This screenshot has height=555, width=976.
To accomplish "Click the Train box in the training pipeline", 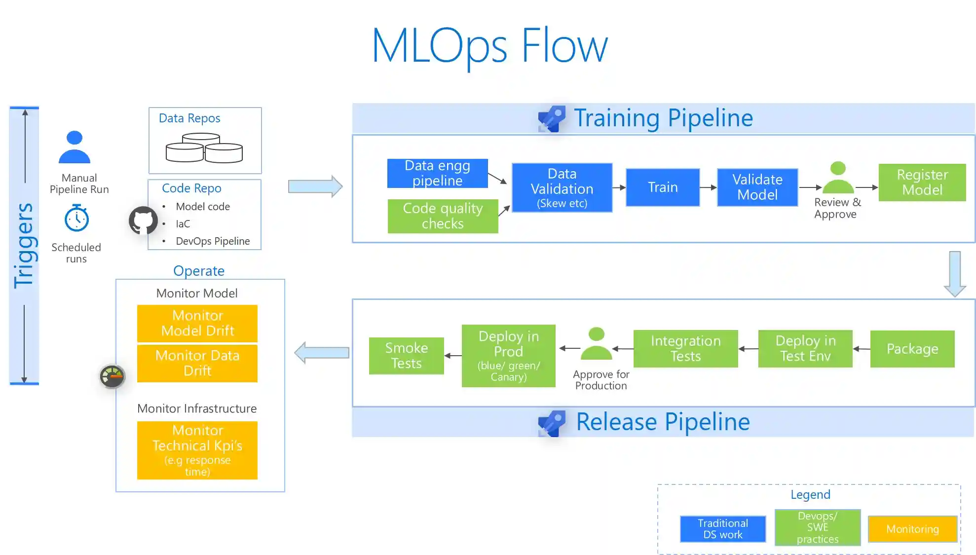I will [x=662, y=187].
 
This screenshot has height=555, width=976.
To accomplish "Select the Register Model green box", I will [x=922, y=183].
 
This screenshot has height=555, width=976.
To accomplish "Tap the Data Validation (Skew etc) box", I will [x=562, y=188].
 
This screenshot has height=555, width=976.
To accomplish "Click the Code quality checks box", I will [x=443, y=216].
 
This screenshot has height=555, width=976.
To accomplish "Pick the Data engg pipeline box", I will [x=437, y=173].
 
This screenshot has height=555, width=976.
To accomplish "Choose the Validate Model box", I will [x=757, y=187].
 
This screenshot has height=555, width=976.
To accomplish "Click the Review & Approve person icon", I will [x=837, y=179].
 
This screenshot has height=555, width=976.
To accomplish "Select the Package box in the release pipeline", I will [x=912, y=349].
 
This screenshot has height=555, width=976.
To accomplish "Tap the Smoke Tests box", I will [x=406, y=356].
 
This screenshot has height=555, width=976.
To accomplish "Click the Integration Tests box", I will [x=685, y=349].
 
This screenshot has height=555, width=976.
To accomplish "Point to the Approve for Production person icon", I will [x=596, y=344].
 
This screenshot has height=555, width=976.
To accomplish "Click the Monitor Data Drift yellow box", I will [x=197, y=363].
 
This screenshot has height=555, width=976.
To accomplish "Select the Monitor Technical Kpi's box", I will [x=197, y=450].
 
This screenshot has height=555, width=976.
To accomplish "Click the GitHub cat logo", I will [x=143, y=220].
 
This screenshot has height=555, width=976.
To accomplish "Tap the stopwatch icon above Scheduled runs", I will [x=76, y=218].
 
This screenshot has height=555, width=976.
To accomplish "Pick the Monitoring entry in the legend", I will [x=912, y=529].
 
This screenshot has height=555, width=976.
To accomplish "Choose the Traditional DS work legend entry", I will [x=722, y=529].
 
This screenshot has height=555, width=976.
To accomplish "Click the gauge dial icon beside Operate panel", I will [x=113, y=377].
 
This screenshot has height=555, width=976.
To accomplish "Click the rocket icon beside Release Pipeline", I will [x=552, y=423].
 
